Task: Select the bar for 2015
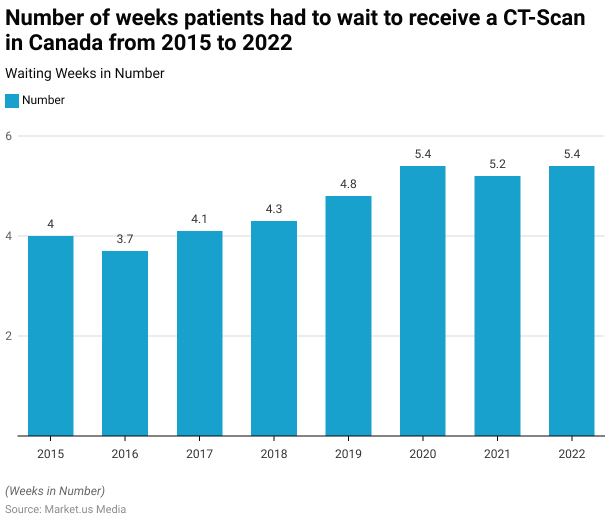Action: pyautogui.click(x=50, y=335)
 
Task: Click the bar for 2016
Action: pyautogui.click(x=125, y=343)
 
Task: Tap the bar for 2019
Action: pyautogui.click(x=348, y=315)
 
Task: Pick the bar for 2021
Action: pyautogui.click(x=497, y=305)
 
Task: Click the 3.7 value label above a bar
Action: pyautogui.click(x=125, y=239)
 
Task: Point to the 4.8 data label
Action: pyautogui.click(x=348, y=184)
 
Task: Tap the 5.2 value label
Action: pyautogui.click(x=497, y=164)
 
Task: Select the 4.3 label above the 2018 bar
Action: pyautogui.click(x=274, y=209)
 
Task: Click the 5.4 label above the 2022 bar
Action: pyautogui.click(x=572, y=154)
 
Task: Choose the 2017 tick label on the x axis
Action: pyautogui.click(x=199, y=454)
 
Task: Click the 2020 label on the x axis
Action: pyautogui.click(x=423, y=454)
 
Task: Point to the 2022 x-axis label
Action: pyautogui.click(x=572, y=454)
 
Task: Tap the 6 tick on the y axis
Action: pyautogui.click(x=8, y=136)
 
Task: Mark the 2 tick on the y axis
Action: pyautogui.click(x=8, y=336)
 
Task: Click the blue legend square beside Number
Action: pyautogui.click(x=12, y=100)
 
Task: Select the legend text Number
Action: pyautogui.click(x=43, y=100)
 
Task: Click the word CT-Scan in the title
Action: pyautogui.click(x=544, y=18)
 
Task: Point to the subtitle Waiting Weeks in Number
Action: pyautogui.click(x=85, y=73)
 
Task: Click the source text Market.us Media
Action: pyautogui.click(x=85, y=509)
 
